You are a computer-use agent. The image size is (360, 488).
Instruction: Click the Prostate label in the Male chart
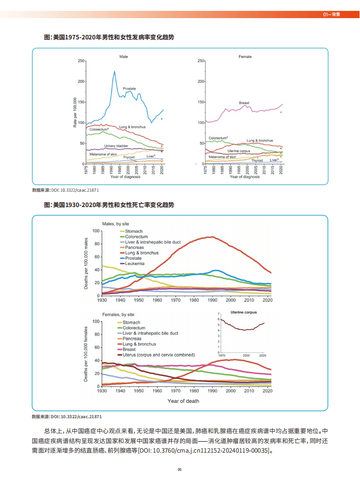click(x=129, y=89)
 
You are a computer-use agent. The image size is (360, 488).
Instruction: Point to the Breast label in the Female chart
click(x=244, y=103)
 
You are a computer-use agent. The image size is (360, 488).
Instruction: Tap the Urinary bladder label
click(x=116, y=146)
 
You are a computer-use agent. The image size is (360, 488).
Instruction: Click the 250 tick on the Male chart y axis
click(x=80, y=61)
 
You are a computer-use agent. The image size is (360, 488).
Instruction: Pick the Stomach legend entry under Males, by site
click(x=134, y=232)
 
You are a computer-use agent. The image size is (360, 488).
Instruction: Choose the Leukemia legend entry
click(x=135, y=264)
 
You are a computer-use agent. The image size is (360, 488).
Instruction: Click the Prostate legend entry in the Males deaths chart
click(x=133, y=258)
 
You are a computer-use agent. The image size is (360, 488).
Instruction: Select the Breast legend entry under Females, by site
click(x=129, y=349)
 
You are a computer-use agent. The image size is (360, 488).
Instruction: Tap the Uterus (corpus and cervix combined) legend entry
click(x=159, y=355)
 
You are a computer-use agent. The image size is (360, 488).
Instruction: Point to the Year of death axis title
click(x=183, y=401)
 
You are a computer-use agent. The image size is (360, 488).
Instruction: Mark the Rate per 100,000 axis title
click(x=75, y=112)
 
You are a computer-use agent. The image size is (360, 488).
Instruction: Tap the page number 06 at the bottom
click(x=180, y=469)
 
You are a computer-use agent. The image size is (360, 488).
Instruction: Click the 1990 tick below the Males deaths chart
click(x=212, y=300)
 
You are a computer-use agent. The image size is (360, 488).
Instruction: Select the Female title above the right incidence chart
click(x=245, y=57)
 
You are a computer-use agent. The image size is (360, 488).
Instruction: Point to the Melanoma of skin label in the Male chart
click(x=103, y=155)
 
